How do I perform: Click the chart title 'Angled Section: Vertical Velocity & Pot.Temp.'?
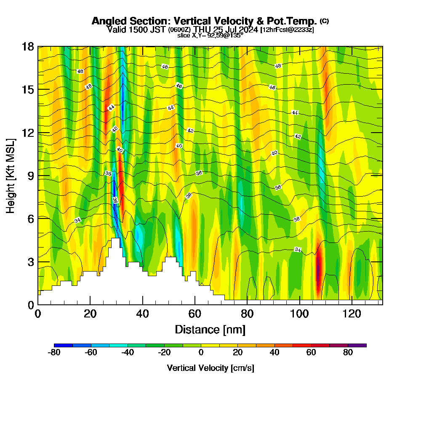204,21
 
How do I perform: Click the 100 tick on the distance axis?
299,314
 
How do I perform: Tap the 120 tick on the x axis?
352,314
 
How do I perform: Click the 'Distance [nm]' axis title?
210,329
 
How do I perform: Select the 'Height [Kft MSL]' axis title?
11,176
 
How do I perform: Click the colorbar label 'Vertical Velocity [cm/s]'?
210,368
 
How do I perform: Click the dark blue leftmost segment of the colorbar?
63,345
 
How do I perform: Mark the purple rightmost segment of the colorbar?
357,345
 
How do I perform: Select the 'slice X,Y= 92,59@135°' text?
210,35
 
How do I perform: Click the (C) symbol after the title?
324,21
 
